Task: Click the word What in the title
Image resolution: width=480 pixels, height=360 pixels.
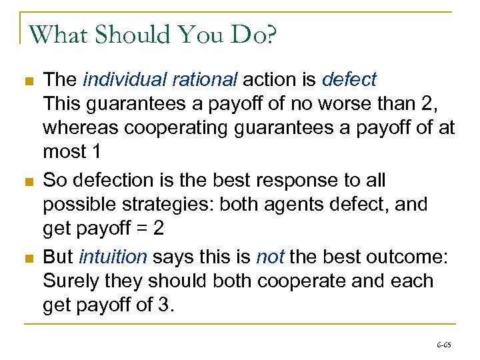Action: (59, 34)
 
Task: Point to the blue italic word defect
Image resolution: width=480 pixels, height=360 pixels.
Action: (349, 80)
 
